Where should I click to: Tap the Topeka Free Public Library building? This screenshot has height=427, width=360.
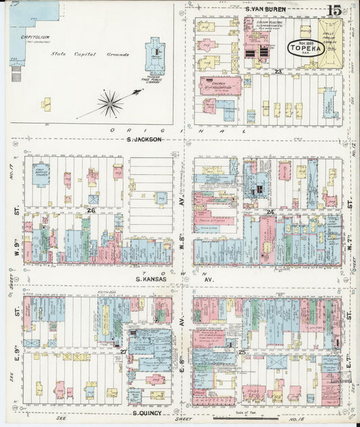click(155, 55)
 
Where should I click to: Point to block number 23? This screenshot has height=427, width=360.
click(278, 70)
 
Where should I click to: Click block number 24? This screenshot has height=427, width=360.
click(269, 212)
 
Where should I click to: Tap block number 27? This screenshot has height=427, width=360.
click(124, 352)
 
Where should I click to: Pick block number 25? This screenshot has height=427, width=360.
click(241, 352)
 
